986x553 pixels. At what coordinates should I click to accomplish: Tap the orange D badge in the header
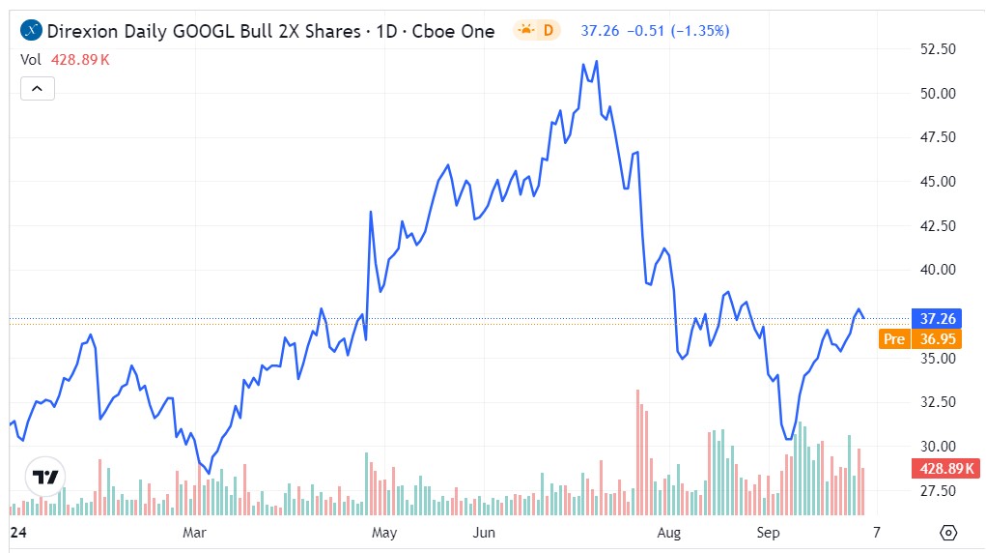pyautogui.click(x=537, y=31)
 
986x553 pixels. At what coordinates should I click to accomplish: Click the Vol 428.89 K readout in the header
pyautogui.click(x=66, y=59)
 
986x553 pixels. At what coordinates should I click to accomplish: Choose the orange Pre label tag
pyautogui.click(x=894, y=339)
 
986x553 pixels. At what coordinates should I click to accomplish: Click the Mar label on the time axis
pyautogui.click(x=196, y=533)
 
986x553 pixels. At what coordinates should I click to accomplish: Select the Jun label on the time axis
pyautogui.click(x=484, y=533)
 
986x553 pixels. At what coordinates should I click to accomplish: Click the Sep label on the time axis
pyautogui.click(x=769, y=533)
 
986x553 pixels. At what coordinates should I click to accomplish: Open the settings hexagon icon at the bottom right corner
pyautogui.click(x=948, y=533)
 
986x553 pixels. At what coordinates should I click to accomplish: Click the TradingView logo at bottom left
pyautogui.click(x=44, y=478)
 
